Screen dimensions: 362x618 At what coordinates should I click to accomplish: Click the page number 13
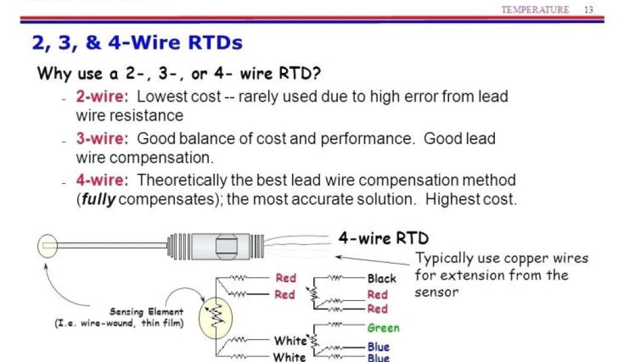click(589, 10)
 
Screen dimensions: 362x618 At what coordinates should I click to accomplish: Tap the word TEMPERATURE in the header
click(535, 10)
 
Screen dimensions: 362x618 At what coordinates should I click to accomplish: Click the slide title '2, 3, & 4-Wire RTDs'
click(137, 42)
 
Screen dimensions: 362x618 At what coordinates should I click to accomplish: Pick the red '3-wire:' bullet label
click(102, 139)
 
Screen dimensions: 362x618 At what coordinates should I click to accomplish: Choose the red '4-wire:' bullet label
click(102, 180)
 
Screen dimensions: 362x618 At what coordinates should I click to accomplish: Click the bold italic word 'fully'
click(98, 200)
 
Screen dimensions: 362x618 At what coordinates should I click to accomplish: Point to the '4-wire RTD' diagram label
click(383, 238)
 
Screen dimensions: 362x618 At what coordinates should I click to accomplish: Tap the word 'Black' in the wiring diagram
click(381, 279)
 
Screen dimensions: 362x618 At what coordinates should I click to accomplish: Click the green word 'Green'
click(383, 328)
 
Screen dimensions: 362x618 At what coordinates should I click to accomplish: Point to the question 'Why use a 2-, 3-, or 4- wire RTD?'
click(179, 74)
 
